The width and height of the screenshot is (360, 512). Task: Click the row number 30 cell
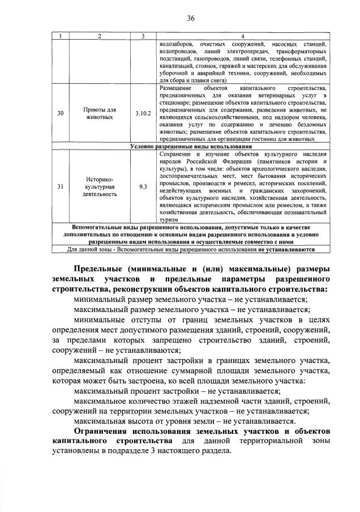click(x=61, y=113)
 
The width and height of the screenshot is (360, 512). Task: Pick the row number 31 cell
click(x=61, y=186)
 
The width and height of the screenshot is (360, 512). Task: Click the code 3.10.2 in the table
click(x=143, y=113)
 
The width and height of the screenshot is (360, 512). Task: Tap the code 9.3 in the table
click(x=143, y=186)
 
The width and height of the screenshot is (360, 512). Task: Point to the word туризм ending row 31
click(x=169, y=220)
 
